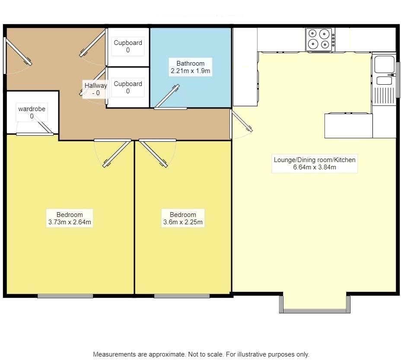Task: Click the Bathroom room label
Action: tap(191, 63)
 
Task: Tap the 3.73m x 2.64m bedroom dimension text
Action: tap(70, 222)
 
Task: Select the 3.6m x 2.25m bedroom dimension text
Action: tap(183, 222)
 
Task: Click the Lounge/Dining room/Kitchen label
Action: tap(315, 160)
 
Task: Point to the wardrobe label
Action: tap(32, 109)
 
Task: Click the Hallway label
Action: tap(96, 86)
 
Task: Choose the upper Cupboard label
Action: tap(128, 43)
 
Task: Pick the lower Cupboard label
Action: tap(128, 84)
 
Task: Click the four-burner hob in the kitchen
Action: tap(320, 39)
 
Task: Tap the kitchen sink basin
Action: tap(384, 64)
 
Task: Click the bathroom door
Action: tap(167, 96)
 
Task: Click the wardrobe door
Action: tap(44, 125)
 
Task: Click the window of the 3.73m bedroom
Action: tap(65, 296)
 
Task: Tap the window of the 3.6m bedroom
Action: tap(182, 296)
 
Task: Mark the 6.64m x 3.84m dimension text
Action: tap(315, 167)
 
